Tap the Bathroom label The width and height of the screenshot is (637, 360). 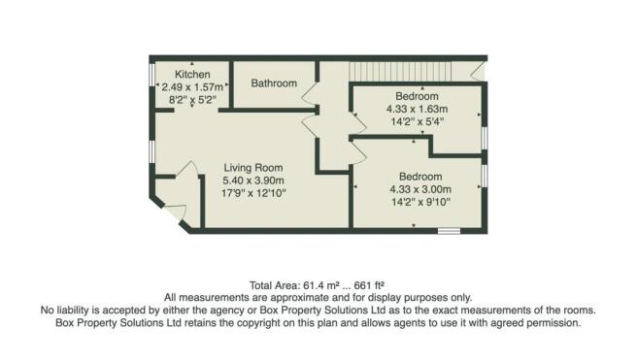[x=274, y=83]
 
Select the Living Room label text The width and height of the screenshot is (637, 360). [x=254, y=167]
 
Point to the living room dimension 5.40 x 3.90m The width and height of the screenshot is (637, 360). [x=254, y=180]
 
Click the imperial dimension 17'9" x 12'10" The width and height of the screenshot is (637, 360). [x=254, y=194]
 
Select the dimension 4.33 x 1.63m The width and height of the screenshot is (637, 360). [x=418, y=110]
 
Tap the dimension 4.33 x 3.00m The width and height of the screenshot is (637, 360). [x=418, y=188]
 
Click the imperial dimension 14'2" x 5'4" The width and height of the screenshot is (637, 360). [x=418, y=122]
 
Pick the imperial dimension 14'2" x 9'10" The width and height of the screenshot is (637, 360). [x=418, y=202]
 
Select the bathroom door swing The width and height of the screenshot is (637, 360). [x=311, y=95]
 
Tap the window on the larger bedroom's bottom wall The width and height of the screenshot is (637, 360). [x=449, y=230]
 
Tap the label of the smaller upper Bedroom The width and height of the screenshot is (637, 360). [x=418, y=96]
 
